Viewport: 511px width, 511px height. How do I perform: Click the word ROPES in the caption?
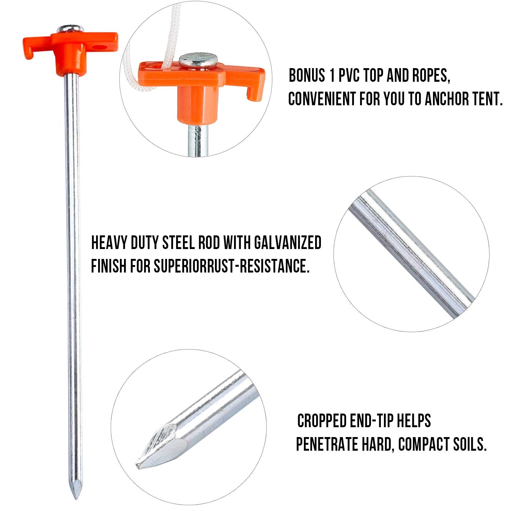click(431, 75)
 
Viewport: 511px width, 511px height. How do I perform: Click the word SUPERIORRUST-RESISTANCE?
click(232, 266)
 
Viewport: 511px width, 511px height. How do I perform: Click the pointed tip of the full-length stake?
click(76, 498)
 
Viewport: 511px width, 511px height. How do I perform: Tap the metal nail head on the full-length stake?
click(70, 29)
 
